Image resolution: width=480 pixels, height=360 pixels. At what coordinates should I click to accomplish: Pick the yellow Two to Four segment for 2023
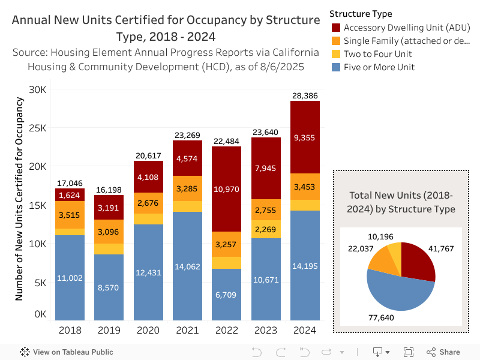click(x=266, y=229)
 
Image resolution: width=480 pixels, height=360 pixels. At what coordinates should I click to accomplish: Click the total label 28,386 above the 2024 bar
click(x=305, y=95)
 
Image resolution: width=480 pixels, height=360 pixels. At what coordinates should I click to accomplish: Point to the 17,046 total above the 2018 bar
click(x=70, y=183)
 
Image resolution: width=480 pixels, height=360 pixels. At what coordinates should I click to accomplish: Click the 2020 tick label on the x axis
click(x=148, y=329)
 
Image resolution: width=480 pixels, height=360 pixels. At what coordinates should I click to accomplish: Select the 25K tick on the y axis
click(x=40, y=128)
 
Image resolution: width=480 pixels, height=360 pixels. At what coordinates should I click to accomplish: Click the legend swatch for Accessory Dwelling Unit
click(x=336, y=28)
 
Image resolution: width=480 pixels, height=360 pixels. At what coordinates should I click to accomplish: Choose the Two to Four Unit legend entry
click(x=378, y=54)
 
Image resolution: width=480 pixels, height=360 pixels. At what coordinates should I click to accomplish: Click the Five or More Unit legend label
click(x=379, y=67)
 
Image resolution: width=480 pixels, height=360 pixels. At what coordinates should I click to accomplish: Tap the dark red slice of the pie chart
click(x=418, y=261)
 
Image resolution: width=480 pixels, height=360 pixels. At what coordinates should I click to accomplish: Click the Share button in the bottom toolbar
click(x=443, y=352)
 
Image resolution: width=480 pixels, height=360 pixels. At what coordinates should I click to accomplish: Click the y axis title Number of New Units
click(x=19, y=198)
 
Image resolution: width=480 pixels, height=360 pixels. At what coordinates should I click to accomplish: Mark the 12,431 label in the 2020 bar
click(x=148, y=273)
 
